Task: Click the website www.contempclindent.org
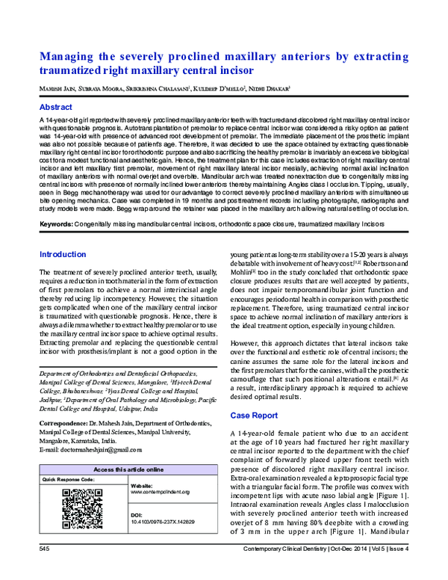(161, 492)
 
